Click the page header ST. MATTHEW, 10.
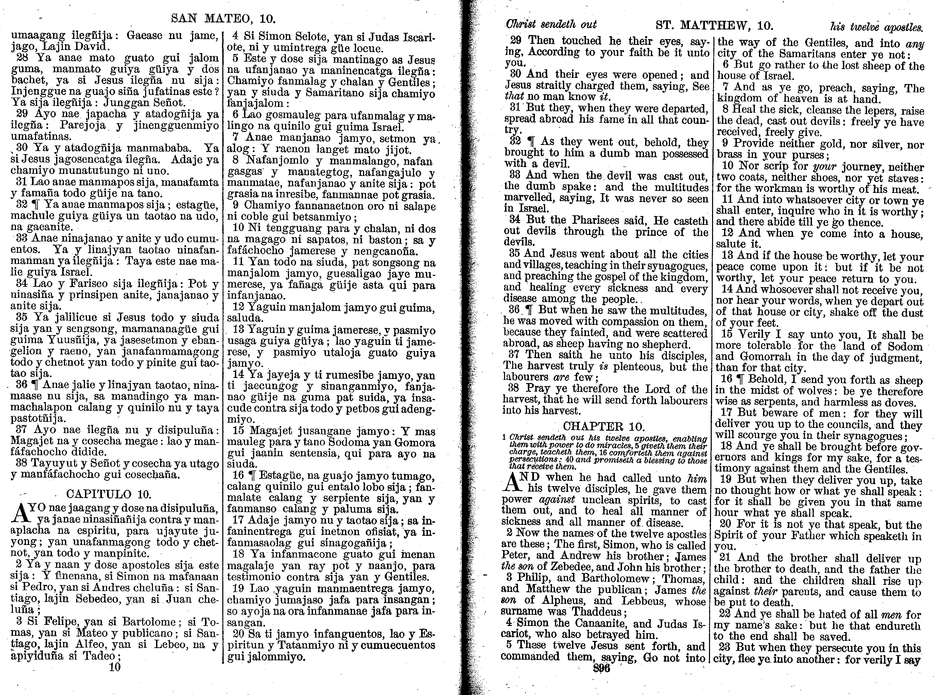714,25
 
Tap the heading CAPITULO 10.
109,494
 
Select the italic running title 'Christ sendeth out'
551,24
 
